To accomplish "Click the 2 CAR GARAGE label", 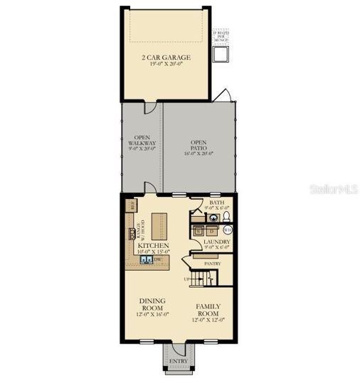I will tap(166, 60).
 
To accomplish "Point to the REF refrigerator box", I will tap(132, 205).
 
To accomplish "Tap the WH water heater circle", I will tap(228, 230).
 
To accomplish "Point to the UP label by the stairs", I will tap(188, 279).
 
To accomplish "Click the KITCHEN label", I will tap(154, 245).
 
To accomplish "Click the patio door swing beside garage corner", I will tap(226, 96).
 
